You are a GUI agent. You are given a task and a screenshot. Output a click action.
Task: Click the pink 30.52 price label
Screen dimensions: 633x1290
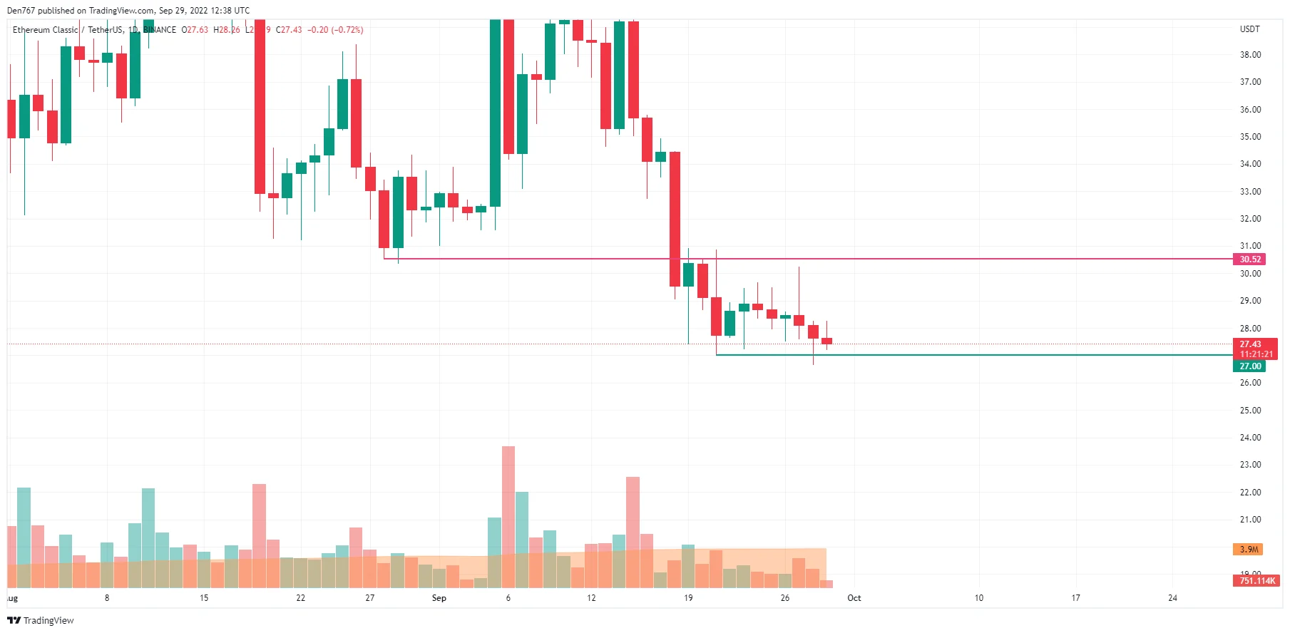(1249, 259)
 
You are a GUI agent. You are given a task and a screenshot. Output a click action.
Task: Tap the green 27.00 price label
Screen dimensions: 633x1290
(1249, 366)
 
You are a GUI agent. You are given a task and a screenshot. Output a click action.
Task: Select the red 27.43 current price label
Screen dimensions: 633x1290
(1250, 344)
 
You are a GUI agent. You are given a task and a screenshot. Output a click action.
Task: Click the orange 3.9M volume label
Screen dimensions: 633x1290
(1248, 550)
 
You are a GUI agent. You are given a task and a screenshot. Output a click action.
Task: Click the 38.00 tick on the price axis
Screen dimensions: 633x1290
(1250, 55)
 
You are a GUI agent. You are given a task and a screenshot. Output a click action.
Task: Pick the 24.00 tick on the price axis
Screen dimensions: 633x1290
(1250, 438)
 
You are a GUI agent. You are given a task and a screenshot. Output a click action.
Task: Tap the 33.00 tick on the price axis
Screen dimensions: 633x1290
(1250, 192)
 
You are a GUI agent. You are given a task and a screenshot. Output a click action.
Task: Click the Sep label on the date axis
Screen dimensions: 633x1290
(439, 598)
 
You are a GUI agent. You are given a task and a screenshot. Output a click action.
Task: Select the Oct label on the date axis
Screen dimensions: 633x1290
(854, 598)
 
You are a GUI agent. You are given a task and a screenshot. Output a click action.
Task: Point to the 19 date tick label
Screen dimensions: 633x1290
(688, 598)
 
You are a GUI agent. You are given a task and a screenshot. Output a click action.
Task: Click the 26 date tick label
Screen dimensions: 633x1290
(785, 598)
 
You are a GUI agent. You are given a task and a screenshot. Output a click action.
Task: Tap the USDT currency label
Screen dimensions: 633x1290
(1249, 29)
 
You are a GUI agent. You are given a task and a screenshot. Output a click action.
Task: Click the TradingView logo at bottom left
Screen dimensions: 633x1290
(41, 621)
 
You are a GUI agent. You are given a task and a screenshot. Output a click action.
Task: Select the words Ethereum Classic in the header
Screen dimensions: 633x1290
(45, 30)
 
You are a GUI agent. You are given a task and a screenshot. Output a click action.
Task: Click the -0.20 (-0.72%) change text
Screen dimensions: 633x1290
(335, 30)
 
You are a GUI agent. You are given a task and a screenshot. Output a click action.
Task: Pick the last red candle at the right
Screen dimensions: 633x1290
(826, 341)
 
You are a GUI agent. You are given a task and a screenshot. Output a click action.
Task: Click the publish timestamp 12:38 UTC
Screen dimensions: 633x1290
(230, 11)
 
